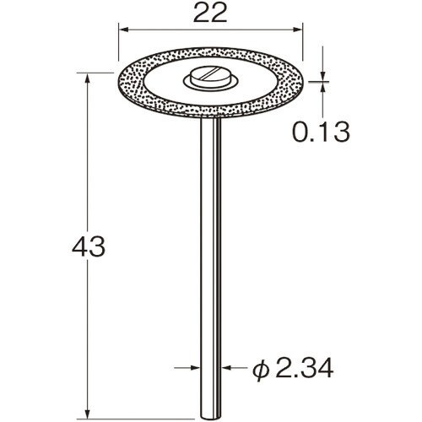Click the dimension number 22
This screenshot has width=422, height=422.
point(210,14)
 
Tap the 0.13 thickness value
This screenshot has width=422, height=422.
point(322,132)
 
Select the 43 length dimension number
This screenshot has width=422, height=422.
point(89,246)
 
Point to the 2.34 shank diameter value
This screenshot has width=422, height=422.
point(305,367)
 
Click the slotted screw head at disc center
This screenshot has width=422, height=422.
point(209,75)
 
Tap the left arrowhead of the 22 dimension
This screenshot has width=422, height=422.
point(123,30)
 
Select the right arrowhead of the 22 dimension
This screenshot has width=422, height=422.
point(298,30)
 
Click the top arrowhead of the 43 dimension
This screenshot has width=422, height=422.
point(88,78)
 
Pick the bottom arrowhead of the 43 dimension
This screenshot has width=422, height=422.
point(88,414)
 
